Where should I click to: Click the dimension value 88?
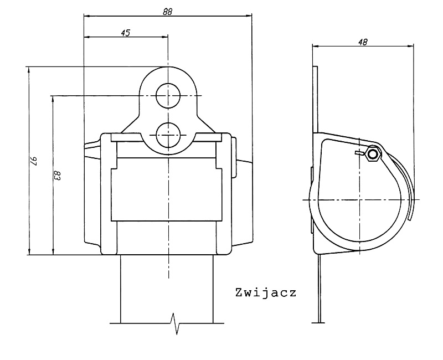(167, 11)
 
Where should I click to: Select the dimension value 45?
(126, 33)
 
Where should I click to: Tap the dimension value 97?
(34, 161)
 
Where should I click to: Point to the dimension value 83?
(58, 175)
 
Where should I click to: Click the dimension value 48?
(363, 42)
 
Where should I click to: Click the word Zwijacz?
(266, 293)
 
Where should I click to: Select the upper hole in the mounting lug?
(168, 96)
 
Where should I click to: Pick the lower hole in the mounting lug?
(168, 135)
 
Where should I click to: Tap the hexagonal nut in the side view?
(373, 155)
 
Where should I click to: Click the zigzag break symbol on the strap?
(176, 323)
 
